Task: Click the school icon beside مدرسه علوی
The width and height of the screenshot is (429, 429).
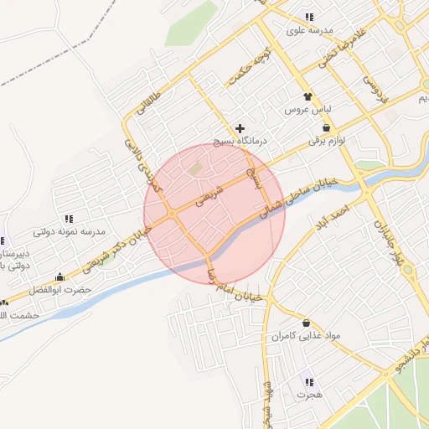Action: tap(309, 17)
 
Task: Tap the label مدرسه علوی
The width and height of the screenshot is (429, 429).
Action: tap(309, 30)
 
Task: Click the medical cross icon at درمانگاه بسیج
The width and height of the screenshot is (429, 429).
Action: tap(240, 128)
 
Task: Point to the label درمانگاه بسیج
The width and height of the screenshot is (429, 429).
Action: tap(240, 142)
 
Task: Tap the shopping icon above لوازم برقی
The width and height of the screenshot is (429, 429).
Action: tap(327, 128)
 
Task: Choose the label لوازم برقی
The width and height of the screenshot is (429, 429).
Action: tap(327, 142)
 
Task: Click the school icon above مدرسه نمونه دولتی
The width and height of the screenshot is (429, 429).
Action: tap(68, 219)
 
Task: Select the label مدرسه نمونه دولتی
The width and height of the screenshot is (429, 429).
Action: tap(68, 232)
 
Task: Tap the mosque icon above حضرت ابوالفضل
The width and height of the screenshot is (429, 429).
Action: tap(59, 277)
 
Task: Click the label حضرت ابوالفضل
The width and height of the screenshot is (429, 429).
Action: tap(59, 290)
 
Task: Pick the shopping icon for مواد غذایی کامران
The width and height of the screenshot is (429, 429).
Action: tap(306, 323)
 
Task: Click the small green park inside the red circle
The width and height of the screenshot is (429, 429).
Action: tap(196, 169)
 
